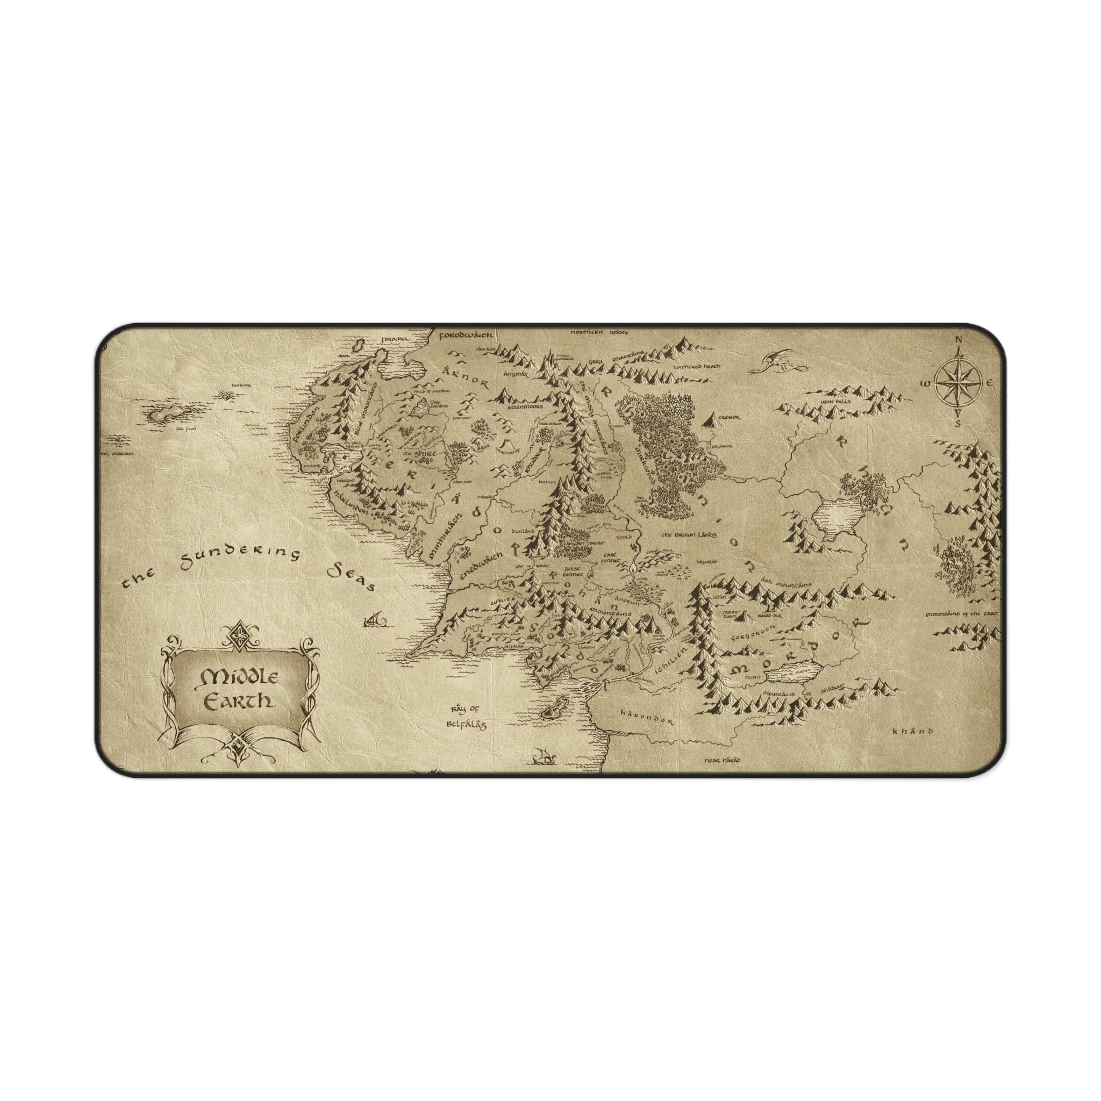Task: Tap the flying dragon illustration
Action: click(777, 361)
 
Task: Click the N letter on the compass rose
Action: click(957, 341)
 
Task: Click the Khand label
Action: click(913, 731)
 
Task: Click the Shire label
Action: click(420, 454)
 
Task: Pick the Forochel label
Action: click(396, 339)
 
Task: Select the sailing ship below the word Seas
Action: click(374, 618)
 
